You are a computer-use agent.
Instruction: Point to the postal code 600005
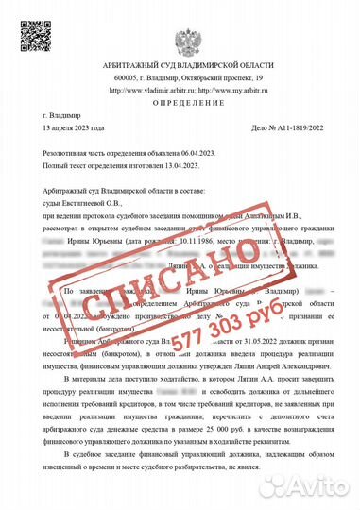click(x=126, y=77)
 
